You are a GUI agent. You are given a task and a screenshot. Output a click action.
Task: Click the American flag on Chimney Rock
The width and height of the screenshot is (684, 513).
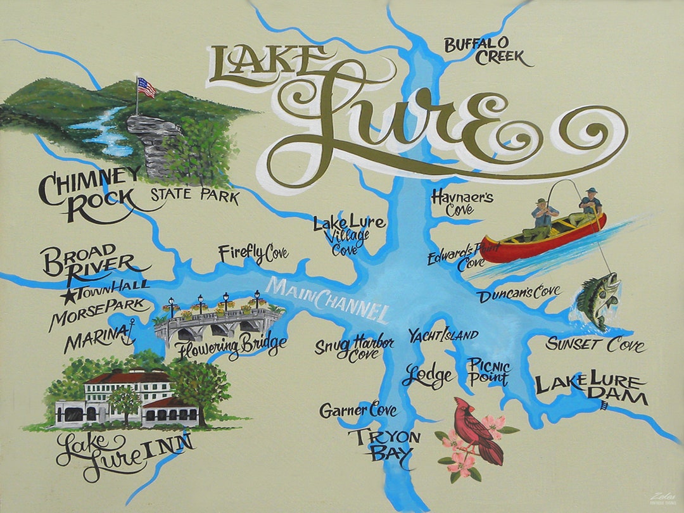click(146, 87)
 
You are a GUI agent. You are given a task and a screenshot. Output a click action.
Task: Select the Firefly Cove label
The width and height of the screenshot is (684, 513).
click(253, 254)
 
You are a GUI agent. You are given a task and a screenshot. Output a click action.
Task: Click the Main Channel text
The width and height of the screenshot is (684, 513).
click(328, 298)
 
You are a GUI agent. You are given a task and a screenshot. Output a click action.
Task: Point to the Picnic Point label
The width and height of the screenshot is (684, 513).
click(488, 372)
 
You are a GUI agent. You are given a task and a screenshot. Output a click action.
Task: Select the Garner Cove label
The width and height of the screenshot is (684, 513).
click(358, 410)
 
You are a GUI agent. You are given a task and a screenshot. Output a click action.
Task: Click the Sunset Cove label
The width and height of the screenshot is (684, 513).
click(595, 345)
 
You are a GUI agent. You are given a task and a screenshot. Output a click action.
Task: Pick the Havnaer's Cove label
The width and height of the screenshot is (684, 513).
click(462, 203)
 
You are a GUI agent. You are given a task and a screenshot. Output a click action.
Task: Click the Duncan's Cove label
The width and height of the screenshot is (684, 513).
click(519, 293)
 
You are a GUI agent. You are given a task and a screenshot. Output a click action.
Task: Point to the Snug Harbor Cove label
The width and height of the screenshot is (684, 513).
click(355, 348)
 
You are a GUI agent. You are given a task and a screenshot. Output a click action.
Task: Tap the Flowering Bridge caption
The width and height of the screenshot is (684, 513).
click(231, 346)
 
